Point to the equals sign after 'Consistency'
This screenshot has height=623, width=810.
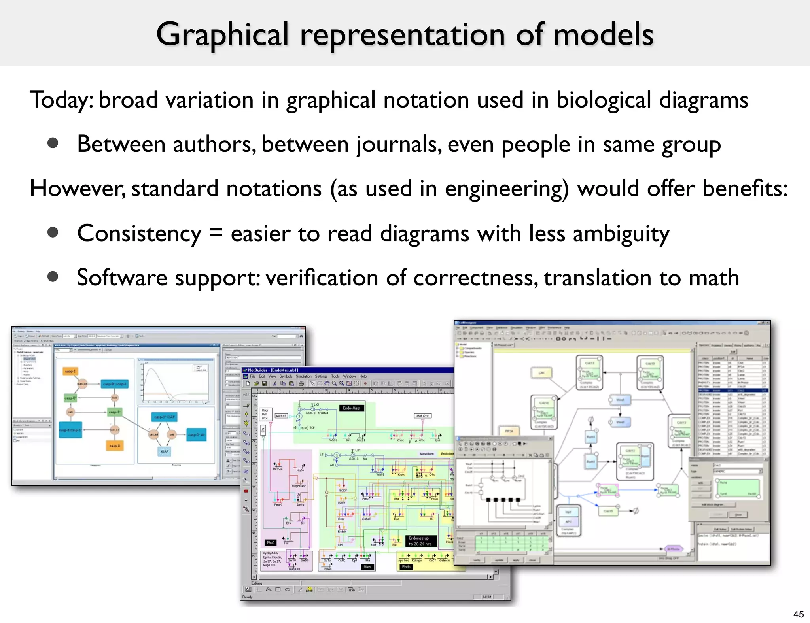[x=216, y=233]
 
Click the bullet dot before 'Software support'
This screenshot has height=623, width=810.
[x=53, y=276]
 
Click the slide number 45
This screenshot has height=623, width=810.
[x=798, y=614]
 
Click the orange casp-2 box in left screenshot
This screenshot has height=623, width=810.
[x=70, y=371]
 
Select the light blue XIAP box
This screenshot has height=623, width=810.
[x=164, y=451]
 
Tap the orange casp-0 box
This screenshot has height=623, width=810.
[x=115, y=446]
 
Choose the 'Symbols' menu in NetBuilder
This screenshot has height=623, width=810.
[x=286, y=376]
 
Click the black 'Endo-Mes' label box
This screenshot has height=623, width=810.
[x=351, y=408]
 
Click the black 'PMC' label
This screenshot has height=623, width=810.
[x=270, y=542]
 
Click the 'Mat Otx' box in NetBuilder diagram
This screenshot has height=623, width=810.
[x=422, y=416]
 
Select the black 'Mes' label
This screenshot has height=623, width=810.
[x=367, y=567]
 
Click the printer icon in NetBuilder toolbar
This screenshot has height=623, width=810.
[x=301, y=383]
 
